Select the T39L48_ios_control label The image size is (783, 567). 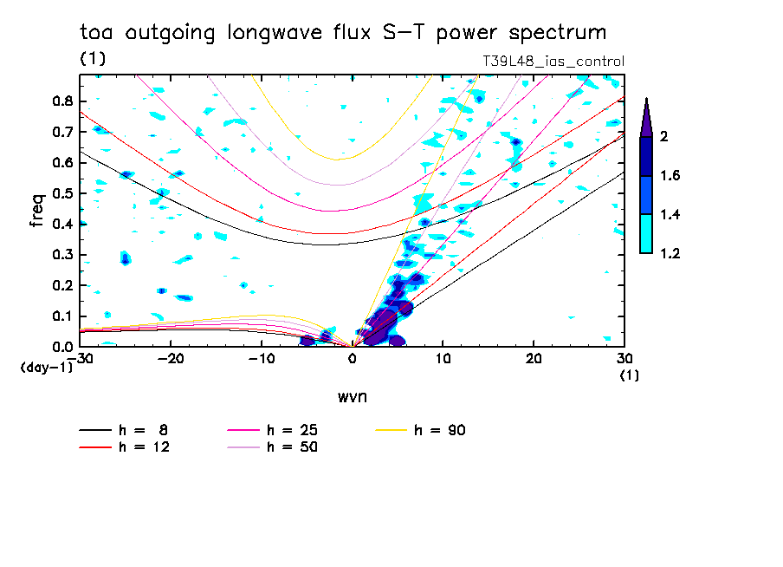(553, 62)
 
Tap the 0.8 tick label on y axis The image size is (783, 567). (61, 101)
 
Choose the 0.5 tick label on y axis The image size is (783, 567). (61, 192)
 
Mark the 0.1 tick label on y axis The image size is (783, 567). (61, 316)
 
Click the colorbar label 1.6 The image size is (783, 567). (670, 176)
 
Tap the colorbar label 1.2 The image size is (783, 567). (670, 253)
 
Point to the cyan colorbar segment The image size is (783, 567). (646, 233)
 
